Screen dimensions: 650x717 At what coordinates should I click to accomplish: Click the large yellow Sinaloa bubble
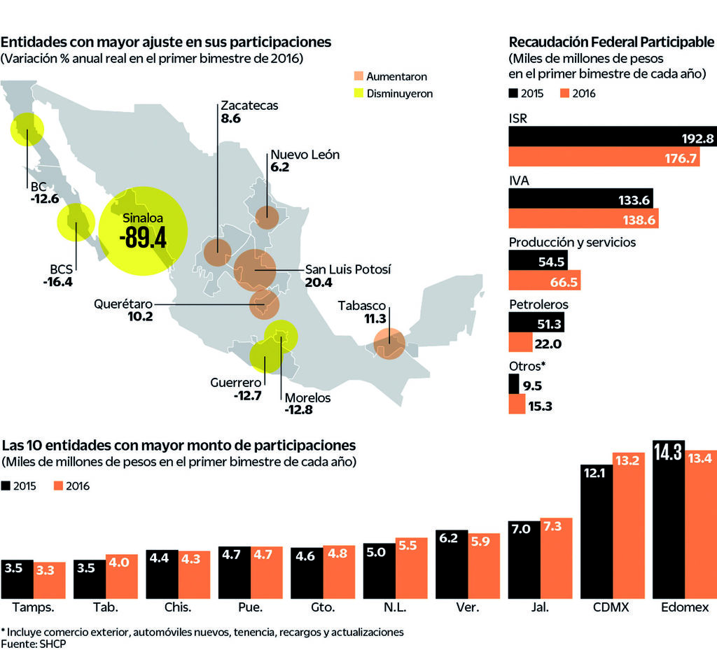pos(143,232)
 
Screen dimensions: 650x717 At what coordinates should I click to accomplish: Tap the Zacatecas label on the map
pos(249,106)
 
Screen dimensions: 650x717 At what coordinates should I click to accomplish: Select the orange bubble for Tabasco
pos(389,344)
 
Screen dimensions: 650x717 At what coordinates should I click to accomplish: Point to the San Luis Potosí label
pos(348,269)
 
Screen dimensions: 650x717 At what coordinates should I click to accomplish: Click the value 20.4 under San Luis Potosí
pos(319,283)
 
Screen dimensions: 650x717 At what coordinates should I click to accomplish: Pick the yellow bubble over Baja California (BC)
pos(27,129)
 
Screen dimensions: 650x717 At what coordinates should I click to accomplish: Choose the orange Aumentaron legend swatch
pos(358,76)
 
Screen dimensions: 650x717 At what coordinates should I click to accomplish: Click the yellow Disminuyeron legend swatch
pos(358,92)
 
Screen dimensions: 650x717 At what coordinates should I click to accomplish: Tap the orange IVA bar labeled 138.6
pos(583,220)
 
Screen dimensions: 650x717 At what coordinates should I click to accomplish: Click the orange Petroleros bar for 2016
pos(520,343)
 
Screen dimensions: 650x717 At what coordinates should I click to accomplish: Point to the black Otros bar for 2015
pos(513,384)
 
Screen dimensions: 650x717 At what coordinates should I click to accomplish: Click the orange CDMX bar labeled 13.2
pos(629,525)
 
